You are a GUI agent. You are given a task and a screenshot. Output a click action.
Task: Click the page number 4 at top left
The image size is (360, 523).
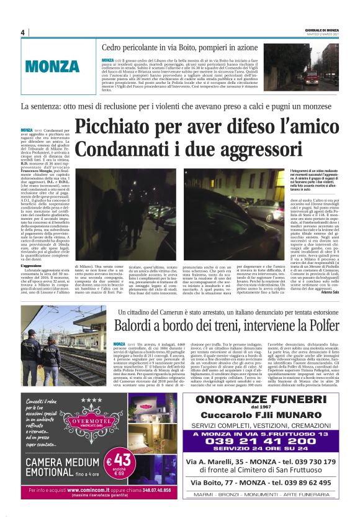click(22, 33)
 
